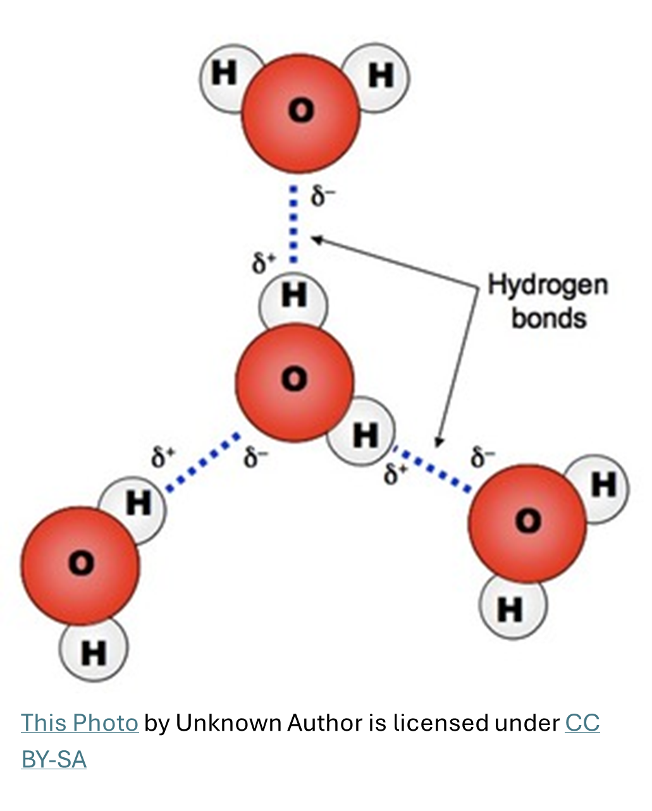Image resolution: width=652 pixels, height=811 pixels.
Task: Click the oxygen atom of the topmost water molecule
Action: (300, 113)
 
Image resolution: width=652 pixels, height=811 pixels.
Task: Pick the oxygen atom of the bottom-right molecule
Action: (527, 523)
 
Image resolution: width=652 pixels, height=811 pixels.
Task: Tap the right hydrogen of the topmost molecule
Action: (380, 77)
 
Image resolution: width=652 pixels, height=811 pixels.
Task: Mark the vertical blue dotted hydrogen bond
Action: (293, 224)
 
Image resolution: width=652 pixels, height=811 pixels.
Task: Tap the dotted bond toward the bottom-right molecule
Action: (433, 469)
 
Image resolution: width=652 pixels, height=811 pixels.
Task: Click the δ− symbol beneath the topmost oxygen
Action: (321, 197)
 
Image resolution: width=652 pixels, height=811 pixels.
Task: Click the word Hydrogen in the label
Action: (548, 286)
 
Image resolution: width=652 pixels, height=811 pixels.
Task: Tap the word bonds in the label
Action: (549, 317)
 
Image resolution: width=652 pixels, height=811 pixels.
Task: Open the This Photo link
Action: (80, 723)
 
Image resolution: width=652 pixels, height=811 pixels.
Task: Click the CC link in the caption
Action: (582, 723)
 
